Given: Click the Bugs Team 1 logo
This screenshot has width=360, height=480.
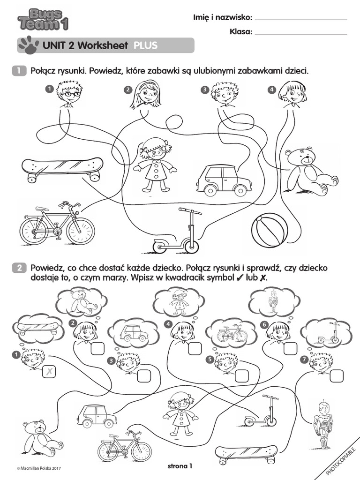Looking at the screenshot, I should click(x=41, y=19).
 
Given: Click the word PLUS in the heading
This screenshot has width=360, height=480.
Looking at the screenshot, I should click(x=145, y=45).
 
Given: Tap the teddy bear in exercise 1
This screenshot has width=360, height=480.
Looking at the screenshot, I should click(x=309, y=171).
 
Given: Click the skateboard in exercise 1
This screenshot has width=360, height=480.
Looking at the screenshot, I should click(x=62, y=169).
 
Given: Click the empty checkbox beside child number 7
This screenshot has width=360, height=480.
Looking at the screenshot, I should click(x=336, y=375).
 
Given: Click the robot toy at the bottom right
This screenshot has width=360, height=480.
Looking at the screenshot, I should click(x=323, y=424).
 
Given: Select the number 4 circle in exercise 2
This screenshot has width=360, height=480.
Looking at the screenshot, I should click(x=168, y=323).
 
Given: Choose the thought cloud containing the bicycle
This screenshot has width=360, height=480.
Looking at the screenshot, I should click(x=232, y=333).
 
